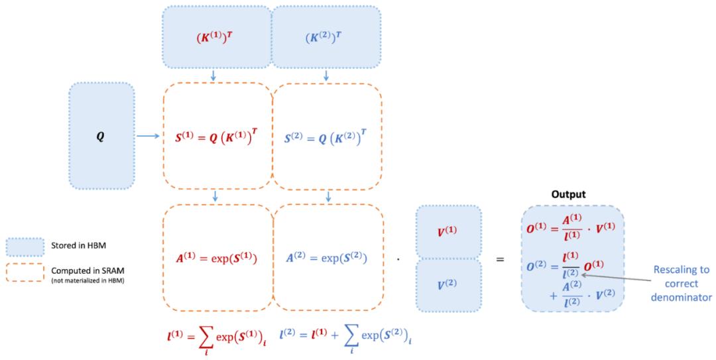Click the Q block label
click(100, 137)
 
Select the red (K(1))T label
click(215, 38)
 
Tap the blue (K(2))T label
click(324, 38)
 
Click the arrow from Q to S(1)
click(148, 136)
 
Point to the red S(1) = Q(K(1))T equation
click(216, 137)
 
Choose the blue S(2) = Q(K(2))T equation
click(326, 137)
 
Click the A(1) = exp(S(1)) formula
click(216, 258)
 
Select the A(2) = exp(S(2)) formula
click(326, 258)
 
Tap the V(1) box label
click(448, 231)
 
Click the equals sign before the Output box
click(501, 259)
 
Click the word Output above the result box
click(569, 194)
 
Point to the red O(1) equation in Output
click(571, 227)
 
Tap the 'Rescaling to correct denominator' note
click(682, 283)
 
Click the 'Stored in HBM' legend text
click(78, 246)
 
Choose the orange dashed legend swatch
click(25, 272)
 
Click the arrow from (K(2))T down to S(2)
click(326, 76)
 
